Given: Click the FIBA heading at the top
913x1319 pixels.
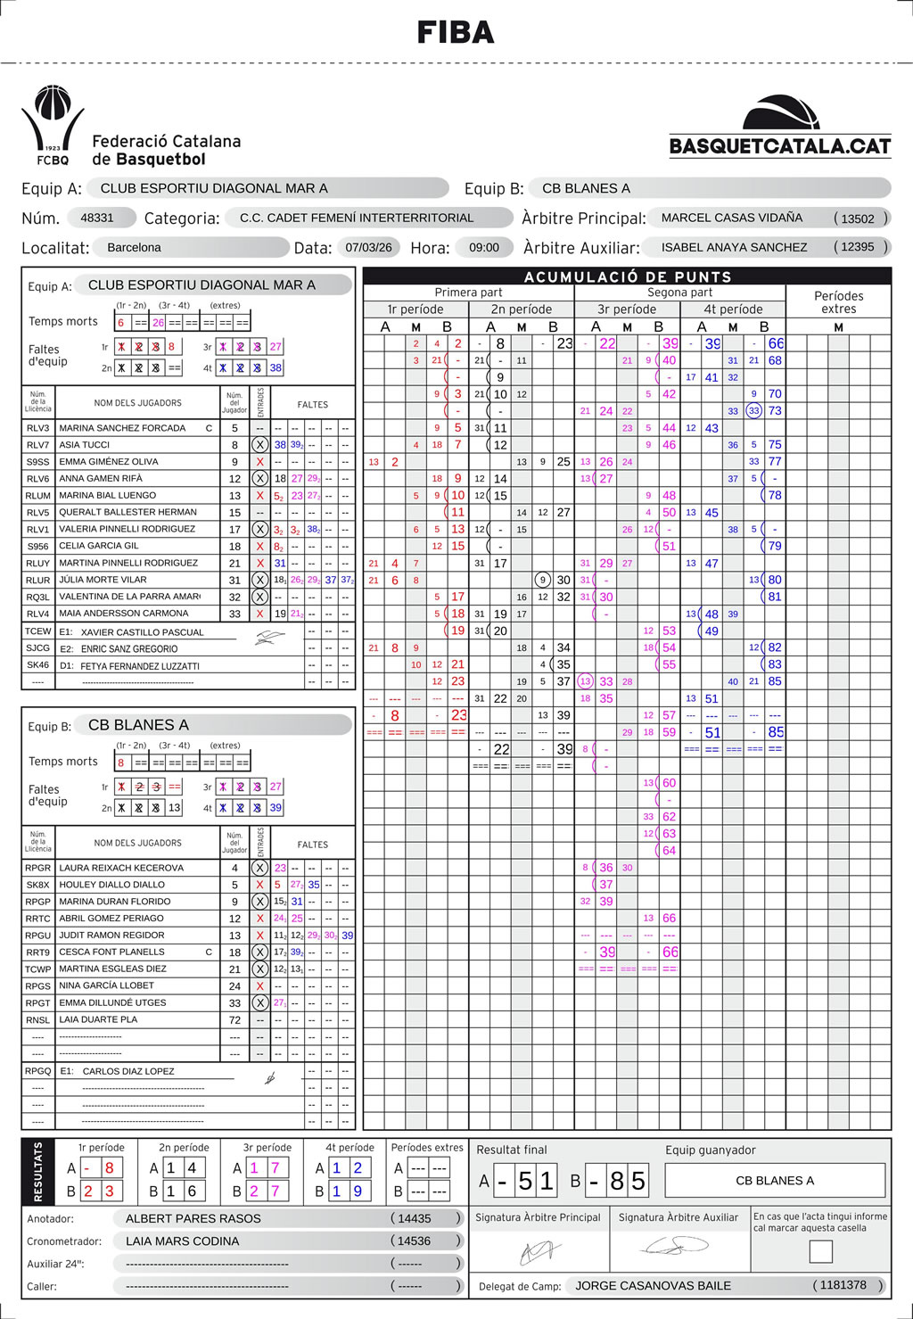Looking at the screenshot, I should pyautogui.click(x=456, y=33).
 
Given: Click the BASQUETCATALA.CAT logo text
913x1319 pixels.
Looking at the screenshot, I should pyautogui.click(x=780, y=146).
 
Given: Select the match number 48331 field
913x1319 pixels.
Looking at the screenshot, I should pyautogui.click(x=97, y=218).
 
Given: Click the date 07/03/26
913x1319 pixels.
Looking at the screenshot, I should pyautogui.click(x=368, y=247).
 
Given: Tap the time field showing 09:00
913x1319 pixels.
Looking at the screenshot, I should pyautogui.click(x=484, y=247).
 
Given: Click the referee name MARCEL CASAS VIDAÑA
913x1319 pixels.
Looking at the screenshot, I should pyautogui.click(x=731, y=218).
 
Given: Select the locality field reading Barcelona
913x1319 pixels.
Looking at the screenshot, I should pyautogui.click(x=134, y=247).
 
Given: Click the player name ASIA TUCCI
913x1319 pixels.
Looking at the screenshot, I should pyautogui.click(x=85, y=445).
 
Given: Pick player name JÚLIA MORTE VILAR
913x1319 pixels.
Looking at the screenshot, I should pyautogui.click(x=103, y=580).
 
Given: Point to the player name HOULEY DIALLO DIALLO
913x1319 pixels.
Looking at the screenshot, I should pyautogui.click(x=111, y=885).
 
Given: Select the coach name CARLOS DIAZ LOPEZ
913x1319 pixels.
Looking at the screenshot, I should pyautogui.click(x=128, y=1071).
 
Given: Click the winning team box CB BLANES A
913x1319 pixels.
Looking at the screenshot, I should pyautogui.click(x=775, y=1181).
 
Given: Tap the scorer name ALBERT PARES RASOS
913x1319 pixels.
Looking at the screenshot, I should pyautogui.click(x=193, y=1218).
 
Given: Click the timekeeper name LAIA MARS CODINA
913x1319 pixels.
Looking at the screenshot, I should pyautogui.click(x=182, y=1241).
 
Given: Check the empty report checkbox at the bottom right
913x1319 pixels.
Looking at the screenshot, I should pyautogui.click(x=820, y=1251).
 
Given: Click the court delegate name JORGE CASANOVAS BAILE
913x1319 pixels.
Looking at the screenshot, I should pyautogui.click(x=653, y=1285).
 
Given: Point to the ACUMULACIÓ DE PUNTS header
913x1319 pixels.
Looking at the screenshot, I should pyautogui.click(x=627, y=276).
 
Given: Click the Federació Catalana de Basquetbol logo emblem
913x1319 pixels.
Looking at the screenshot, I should pyautogui.click(x=53, y=125).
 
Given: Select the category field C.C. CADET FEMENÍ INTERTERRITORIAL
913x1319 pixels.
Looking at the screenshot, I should pyautogui.click(x=357, y=218).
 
